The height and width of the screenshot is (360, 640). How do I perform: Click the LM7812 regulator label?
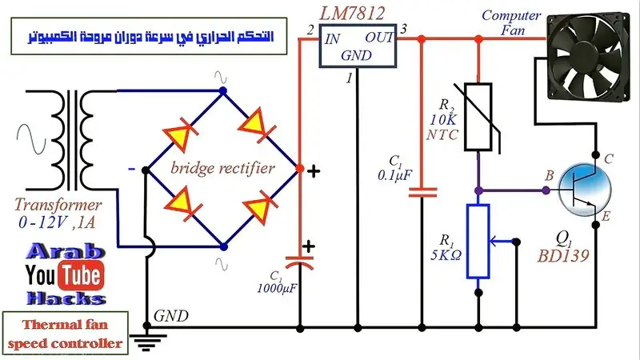[x=352, y=14]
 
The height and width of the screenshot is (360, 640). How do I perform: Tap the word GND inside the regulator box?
[x=356, y=55]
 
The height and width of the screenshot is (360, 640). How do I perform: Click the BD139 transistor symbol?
[x=585, y=190]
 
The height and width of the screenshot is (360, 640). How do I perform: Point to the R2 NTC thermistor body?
[x=478, y=117]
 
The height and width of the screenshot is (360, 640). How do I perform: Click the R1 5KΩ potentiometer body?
[x=478, y=242]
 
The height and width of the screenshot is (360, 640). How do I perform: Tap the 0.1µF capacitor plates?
[x=422, y=192]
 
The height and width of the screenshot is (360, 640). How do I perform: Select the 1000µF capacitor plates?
[x=299, y=262]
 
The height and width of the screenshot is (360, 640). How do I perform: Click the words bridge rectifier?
[x=222, y=168]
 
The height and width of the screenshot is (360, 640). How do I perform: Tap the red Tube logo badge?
[x=82, y=275]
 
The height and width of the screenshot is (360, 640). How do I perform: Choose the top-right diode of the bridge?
[x=256, y=125]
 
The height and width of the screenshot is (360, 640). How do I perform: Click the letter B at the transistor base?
[x=550, y=175]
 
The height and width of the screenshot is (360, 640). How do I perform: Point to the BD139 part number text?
[x=563, y=256]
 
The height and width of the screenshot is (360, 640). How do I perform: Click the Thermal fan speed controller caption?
[x=66, y=334]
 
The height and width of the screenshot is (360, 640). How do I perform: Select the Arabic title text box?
[x=149, y=36]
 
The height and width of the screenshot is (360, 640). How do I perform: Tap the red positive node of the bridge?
[x=299, y=168]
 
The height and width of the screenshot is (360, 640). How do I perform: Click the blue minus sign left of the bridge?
[x=131, y=169]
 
